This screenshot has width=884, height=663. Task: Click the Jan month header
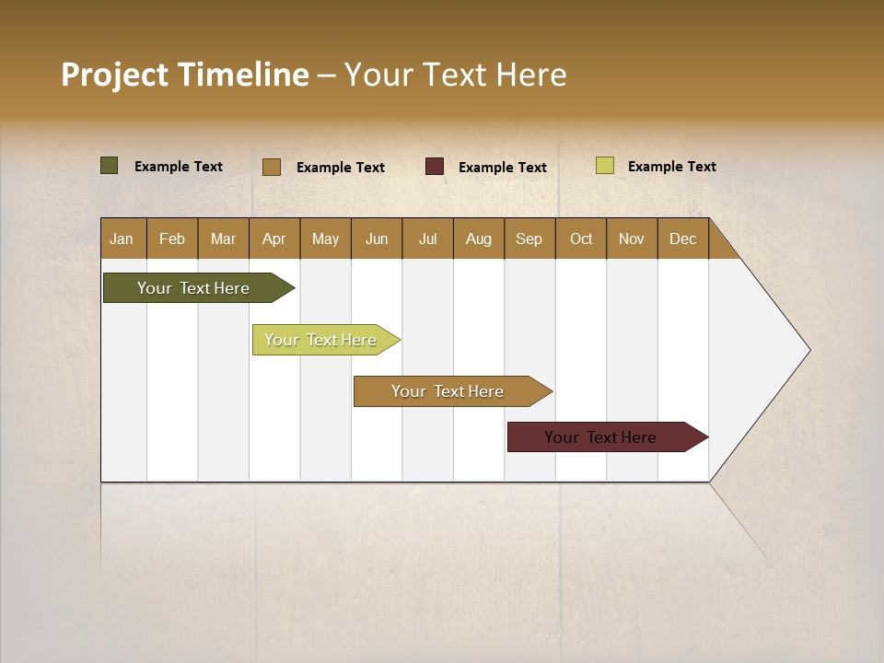[122, 238]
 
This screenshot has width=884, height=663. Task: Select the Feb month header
[172, 238]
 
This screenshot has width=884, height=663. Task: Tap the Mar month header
[223, 238]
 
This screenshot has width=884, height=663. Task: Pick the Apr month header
[274, 238]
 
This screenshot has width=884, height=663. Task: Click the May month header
[325, 238]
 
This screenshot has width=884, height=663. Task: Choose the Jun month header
[377, 238]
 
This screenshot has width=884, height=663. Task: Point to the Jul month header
[427, 238]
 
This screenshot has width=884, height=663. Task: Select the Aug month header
[479, 238]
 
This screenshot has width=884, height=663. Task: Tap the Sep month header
[529, 238]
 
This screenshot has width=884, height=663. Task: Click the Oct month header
[581, 238]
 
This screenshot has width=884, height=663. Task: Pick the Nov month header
[632, 238]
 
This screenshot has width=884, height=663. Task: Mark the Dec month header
[683, 238]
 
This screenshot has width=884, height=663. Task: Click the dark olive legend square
[110, 166]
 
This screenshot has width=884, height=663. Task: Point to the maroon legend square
[435, 167]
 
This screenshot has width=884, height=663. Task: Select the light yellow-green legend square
[605, 166]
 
